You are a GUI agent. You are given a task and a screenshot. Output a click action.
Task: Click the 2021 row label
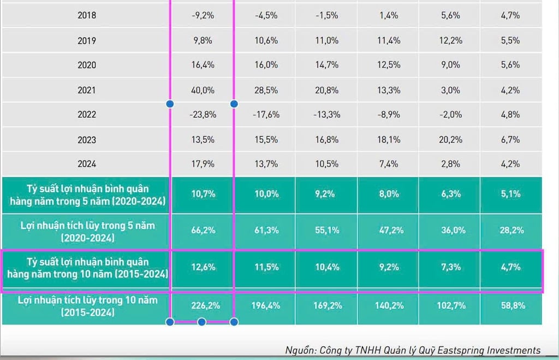click(87, 90)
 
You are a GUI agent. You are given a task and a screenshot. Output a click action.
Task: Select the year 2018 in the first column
click(87, 16)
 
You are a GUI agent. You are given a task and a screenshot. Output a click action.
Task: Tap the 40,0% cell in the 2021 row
click(203, 90)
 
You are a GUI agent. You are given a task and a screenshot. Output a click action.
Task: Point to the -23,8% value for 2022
click(203, 115)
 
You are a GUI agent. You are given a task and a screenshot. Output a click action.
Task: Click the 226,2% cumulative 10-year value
click(203, 306)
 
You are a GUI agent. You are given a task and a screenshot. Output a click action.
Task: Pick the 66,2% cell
click(203, 230)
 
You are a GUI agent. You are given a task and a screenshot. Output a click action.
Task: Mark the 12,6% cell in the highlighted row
click(203, 268)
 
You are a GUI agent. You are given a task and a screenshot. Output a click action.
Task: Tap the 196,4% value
click(266, 306)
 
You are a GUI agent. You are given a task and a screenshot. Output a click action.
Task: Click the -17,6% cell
click(266, 115)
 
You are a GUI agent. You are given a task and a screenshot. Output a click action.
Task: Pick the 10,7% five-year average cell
click(203, 194)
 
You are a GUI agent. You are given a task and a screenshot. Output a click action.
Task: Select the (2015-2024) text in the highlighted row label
click(139, 273)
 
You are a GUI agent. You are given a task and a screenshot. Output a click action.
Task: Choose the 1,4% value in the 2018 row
click(389, 16)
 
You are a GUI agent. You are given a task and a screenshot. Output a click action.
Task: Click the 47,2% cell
click(389, 230)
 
